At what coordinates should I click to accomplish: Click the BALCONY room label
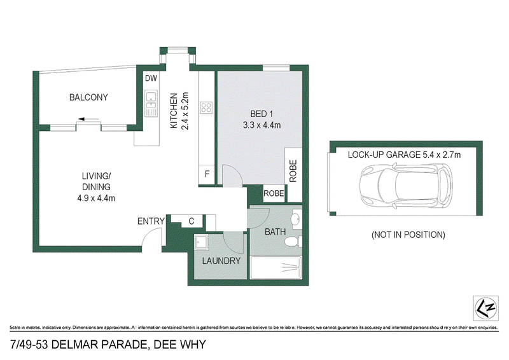coord(88,97)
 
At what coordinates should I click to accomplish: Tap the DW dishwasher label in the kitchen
coord(151,78)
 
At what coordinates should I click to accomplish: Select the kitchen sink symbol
coord(151,103)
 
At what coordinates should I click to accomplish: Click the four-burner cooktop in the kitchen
coord(206,107)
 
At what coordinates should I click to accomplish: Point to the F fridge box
coord(206,174)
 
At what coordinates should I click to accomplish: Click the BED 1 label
coord(261,114)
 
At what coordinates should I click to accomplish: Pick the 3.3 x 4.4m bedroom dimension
coord(261,125)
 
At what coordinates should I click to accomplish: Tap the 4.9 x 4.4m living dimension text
coord(96,198)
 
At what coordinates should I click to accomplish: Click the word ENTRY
coord(151,221)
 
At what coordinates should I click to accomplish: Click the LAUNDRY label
coord(221,261)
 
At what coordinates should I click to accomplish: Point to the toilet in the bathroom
coord(293,242)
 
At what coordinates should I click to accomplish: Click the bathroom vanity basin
coord(296,219)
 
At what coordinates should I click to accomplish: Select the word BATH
coord(275,232)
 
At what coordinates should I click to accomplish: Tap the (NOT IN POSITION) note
coord(408,235)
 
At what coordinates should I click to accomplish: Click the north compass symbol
coord(485,308)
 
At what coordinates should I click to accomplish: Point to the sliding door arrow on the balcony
coord(88,119)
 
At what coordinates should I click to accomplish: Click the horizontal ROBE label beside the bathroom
coord(274,193)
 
